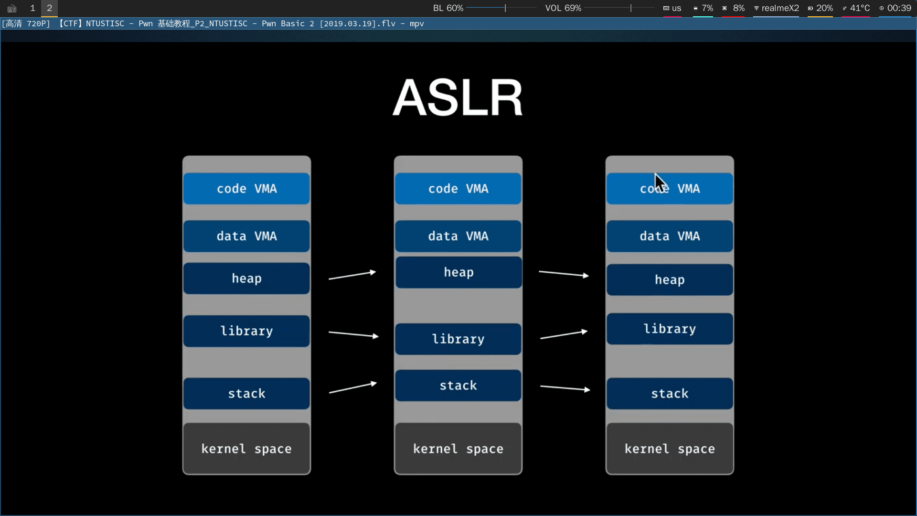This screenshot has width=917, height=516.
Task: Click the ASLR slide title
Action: coord(458,98)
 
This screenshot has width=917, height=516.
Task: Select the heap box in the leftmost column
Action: coord(246,278)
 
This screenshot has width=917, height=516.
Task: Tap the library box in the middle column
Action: coord(458,339)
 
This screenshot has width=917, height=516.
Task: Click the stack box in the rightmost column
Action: coord(670,393)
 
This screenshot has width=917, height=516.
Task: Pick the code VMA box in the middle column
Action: coord(458,188)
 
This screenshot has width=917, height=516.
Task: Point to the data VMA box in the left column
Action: coord(246,236)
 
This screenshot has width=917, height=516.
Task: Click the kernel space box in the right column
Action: coord(670,448)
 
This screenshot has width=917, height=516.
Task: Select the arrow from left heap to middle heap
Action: coord(352,275)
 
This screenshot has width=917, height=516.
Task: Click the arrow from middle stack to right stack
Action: coord(565,388)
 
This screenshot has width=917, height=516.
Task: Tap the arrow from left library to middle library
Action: coord(353,334)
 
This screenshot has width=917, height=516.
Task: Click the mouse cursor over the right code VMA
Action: coord(660,182)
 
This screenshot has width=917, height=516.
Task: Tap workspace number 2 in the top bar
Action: coord(49,8)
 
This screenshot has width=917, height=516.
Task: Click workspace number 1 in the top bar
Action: coord(32,8)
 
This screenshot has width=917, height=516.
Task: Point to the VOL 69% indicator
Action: coord(563,8)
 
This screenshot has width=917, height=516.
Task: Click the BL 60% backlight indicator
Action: coord(448,8)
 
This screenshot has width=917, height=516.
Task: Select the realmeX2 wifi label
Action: coord(780,8)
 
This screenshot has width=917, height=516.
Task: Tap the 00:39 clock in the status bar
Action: coord(899,8)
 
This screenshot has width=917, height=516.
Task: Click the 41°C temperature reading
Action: coord(859,8)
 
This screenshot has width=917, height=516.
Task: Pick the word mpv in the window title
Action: coord(416,23)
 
